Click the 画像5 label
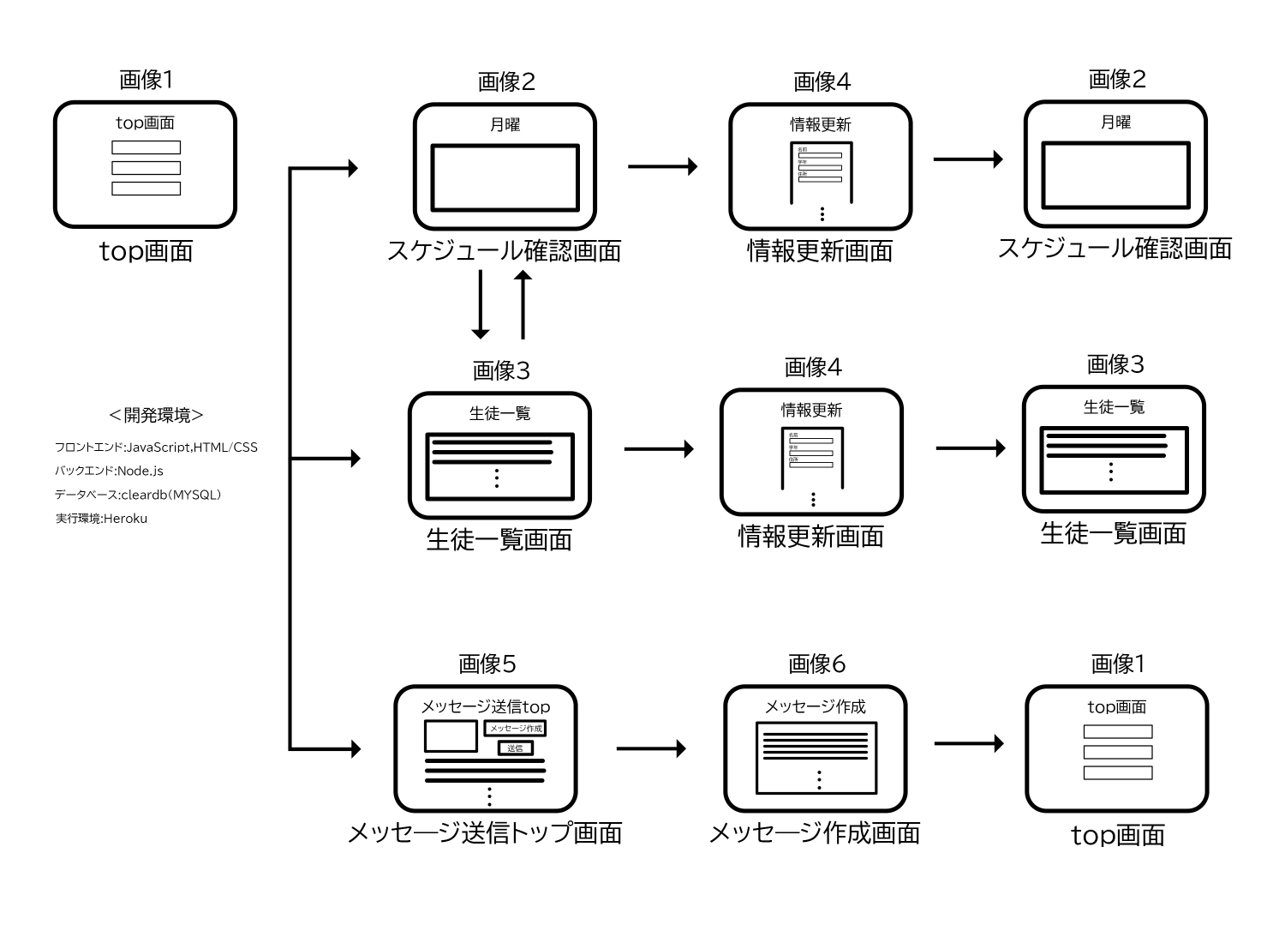[487, 664]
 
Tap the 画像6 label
[816, 664]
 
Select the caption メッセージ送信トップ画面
[485, 832]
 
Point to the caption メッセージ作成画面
[815, 832]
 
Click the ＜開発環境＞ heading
[156, 416]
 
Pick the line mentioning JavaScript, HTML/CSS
[156, 447]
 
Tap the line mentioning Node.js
[109, 471]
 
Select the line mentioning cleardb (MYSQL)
[138, 495]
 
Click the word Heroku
[125, 519]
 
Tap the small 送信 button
[516, 748]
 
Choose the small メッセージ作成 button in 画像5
[516, 728]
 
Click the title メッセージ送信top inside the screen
[485, 707]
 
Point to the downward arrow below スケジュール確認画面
[481, 304]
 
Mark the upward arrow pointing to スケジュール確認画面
[522, 304]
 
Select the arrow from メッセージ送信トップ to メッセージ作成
[651, 748]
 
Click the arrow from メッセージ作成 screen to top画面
[968, 743]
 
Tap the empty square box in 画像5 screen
[451, 736]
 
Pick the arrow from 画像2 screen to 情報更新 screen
[662, 165]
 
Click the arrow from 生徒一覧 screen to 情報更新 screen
[659, 448]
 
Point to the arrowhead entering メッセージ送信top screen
[352, 748]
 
